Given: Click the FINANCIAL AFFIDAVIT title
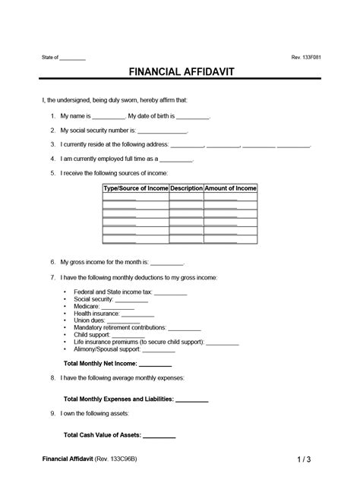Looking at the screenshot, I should pyautogui.click(x=180, y=72).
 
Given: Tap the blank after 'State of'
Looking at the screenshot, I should pyautogui.click(x=72, y=58).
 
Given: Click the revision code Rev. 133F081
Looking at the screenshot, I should pyautogui.click(x=306, y=58).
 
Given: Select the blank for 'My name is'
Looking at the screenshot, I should pyautogui.click(x=108, y=117).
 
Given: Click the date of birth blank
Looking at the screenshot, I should pyautogui.click(x=193, y=117).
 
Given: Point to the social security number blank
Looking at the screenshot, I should pyautogui.click(x=163, y=131).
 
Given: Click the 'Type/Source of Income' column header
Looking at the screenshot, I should pyautogui.click(x=135, y=188).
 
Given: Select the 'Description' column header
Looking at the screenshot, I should pyautogui.click(x=186, y=188).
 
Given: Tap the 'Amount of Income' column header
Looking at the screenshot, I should pyautogui.click(x=231, y=188).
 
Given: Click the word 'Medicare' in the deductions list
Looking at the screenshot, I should pyautogui.click(x=85, y=306).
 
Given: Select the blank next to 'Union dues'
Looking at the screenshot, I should pyautogui.click(x=125, y=320).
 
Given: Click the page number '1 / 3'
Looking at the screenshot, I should pyautogui.click(x=304, y=460).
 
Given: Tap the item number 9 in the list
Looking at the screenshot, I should pyautogui.click(x=52, y=413).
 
